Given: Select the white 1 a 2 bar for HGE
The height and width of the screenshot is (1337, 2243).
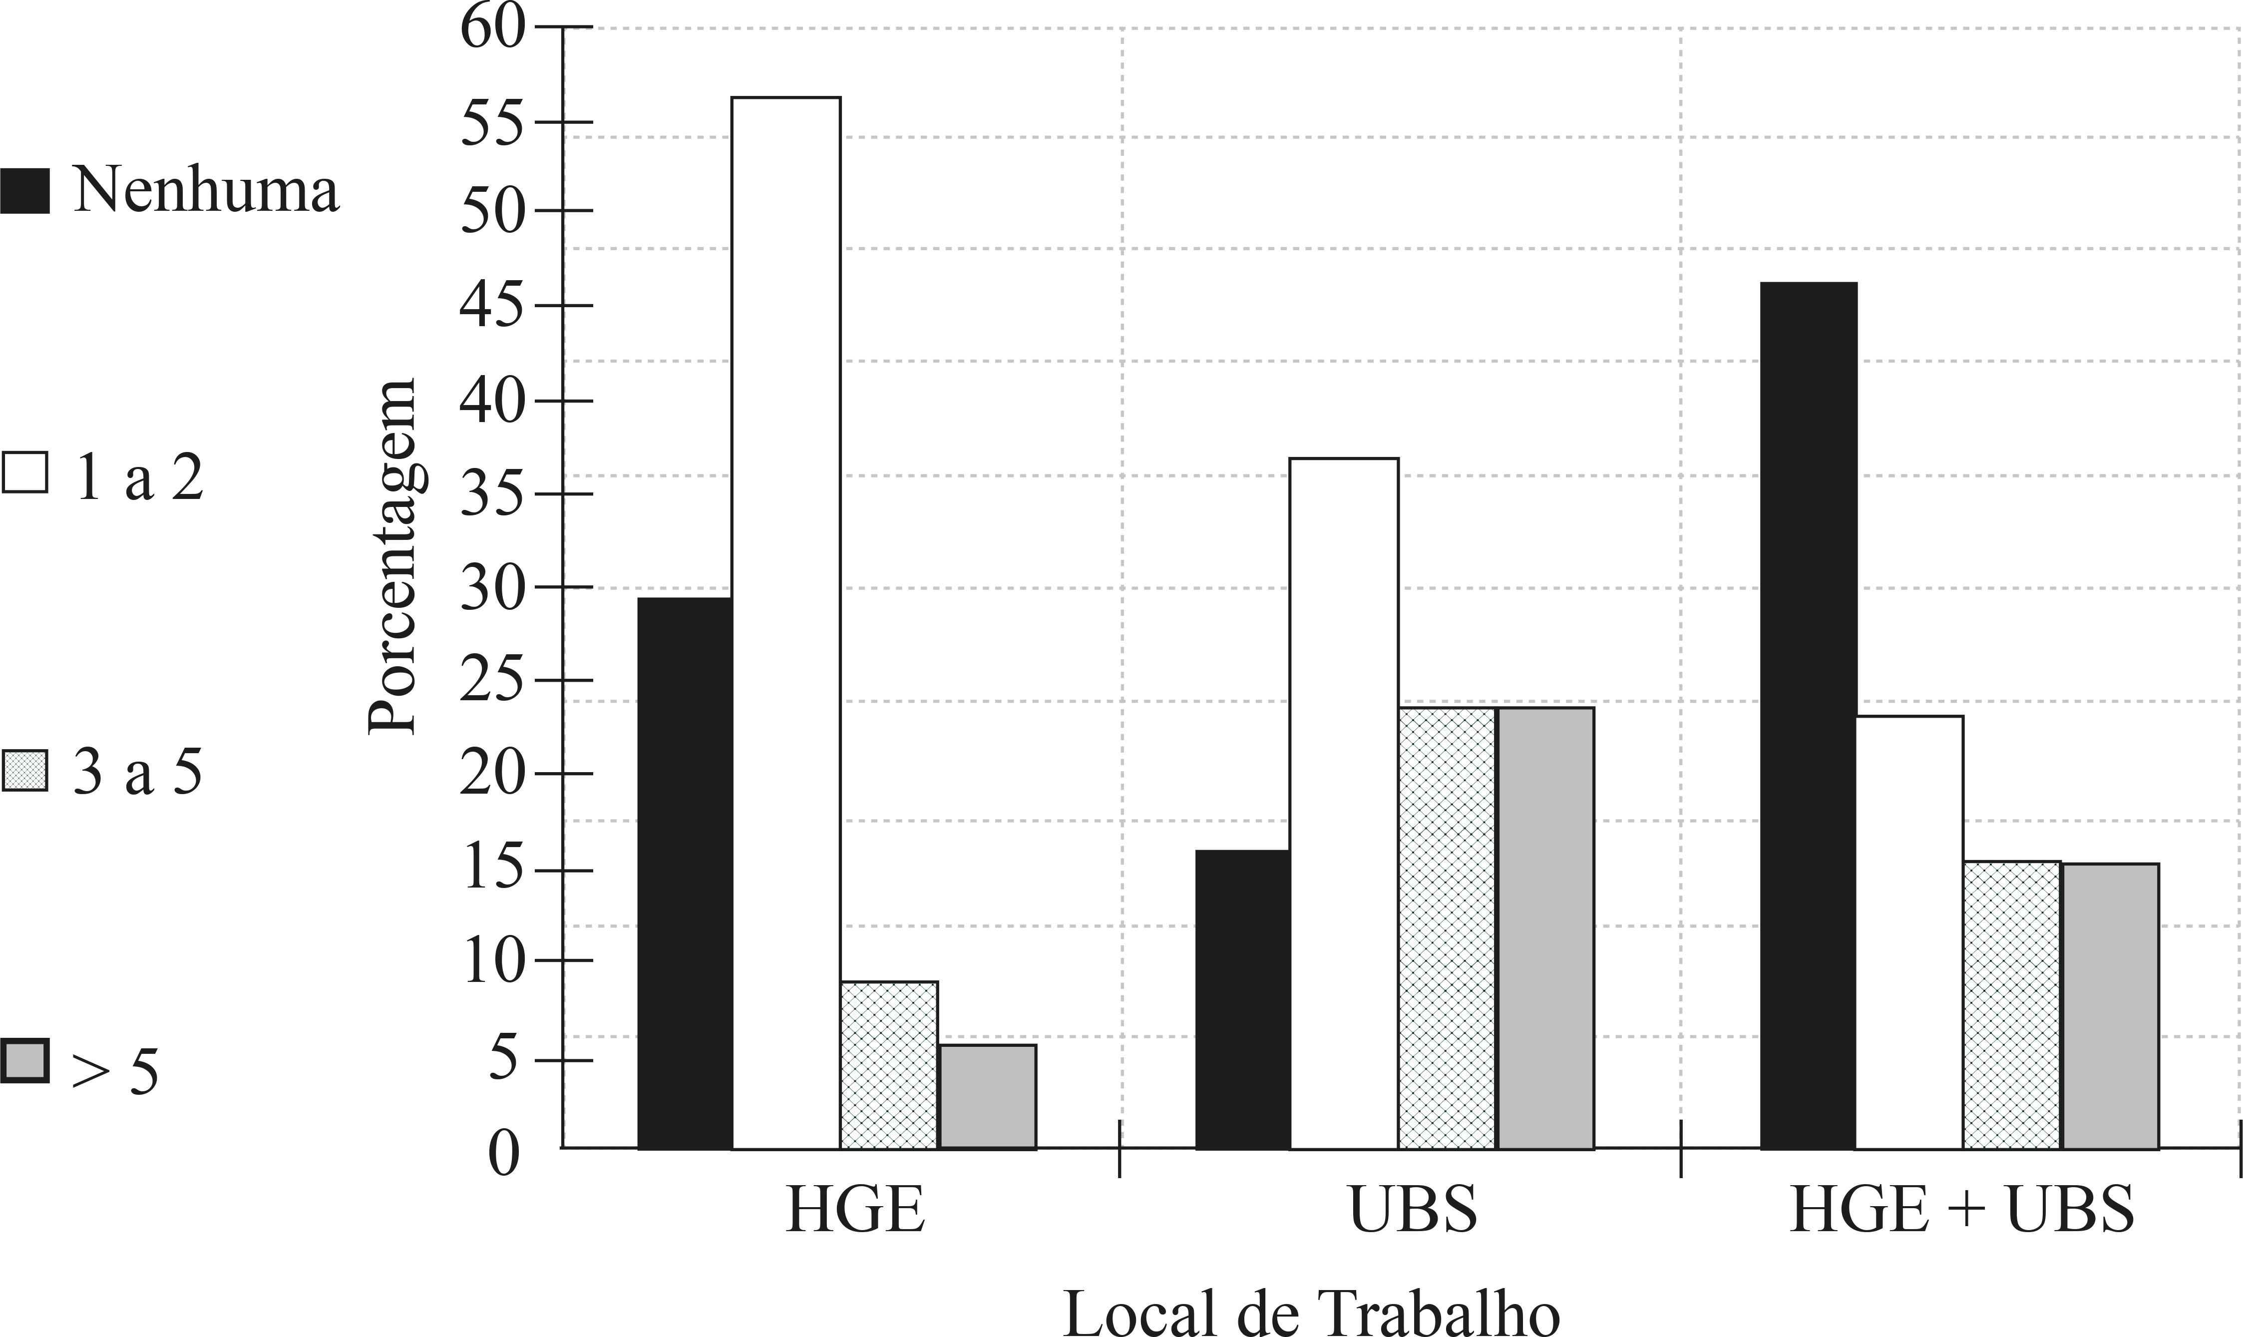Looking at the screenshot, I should [x=785, y=622].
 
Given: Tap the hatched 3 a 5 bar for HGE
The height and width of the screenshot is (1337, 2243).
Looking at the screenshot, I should [x=889, y=1065].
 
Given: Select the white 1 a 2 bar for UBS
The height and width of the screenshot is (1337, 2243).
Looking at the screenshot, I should [x=1344, y=802].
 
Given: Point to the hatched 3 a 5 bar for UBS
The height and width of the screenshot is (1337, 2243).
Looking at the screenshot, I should [x=1447, y=928].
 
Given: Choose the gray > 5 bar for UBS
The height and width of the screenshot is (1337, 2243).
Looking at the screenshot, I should [x=1545, y=928].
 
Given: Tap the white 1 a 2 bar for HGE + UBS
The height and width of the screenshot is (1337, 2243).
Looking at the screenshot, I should [x=1910, y=932].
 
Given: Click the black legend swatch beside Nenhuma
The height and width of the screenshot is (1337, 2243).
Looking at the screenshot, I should [x=24, y=190].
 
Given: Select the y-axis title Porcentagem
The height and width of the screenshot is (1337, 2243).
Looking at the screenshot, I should [x=393, y=556].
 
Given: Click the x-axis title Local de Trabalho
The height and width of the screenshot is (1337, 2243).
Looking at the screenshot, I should [x=1311, y=1311].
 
